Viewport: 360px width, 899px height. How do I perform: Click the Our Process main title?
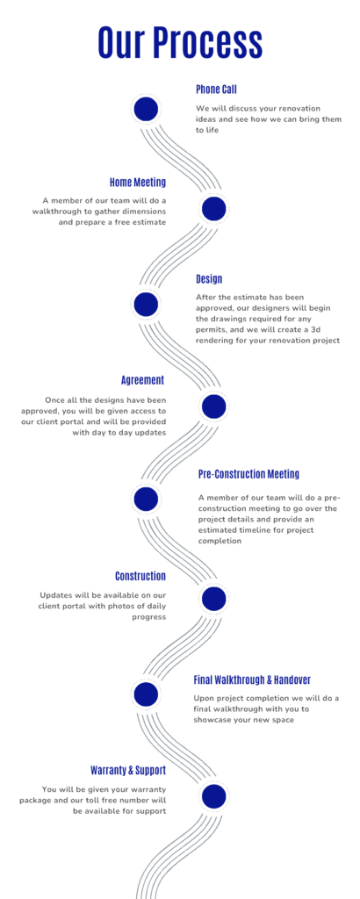point(180,42)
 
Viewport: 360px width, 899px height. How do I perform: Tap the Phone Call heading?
point(216,90)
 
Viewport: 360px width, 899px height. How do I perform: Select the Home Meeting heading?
point(138,183)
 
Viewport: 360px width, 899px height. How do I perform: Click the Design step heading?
point(209,279)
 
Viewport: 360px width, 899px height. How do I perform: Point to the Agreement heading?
point(143,380)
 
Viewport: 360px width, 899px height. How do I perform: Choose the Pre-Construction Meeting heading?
point(248,474)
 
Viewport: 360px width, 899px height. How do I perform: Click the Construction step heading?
point(140,576)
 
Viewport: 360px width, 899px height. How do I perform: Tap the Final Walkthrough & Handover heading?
point(252,680)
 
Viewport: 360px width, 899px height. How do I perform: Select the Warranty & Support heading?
point(128,769)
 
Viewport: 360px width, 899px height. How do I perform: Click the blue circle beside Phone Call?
point(146,109)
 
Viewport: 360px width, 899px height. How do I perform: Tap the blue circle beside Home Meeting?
point(214,208)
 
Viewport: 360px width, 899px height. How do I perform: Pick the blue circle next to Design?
point(146,305)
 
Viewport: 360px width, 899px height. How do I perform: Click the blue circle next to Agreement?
point(214,406)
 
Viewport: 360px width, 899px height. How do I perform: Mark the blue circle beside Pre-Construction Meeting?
point(146,499)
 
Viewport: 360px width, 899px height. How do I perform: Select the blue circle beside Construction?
point(214,599)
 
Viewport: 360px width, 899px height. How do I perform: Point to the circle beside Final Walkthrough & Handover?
point(146,695)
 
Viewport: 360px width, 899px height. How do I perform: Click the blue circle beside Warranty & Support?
point(214,796)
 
